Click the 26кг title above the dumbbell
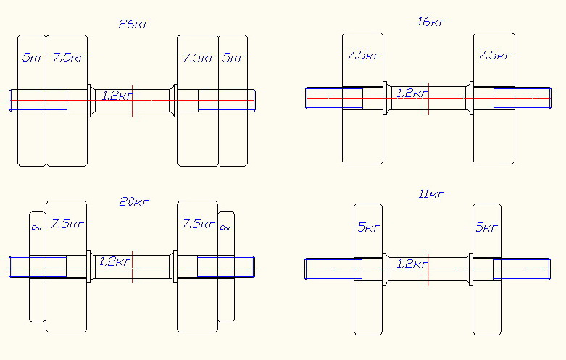(134, 24)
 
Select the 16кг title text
(431, 22)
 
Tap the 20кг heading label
(134, 202)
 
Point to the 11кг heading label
(431, 194)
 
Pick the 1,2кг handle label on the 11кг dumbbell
(411, 264)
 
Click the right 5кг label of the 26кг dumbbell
(233, 57)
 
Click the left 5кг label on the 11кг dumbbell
(369, 227)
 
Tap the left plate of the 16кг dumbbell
(362, 138)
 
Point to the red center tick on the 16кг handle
(428, 99)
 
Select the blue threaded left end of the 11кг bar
(330, 269)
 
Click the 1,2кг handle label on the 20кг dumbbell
(116, 261)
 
